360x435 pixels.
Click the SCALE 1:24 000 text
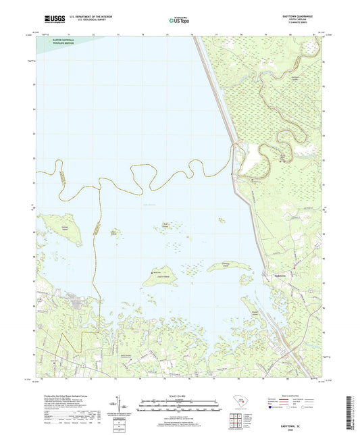pos(179,396)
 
